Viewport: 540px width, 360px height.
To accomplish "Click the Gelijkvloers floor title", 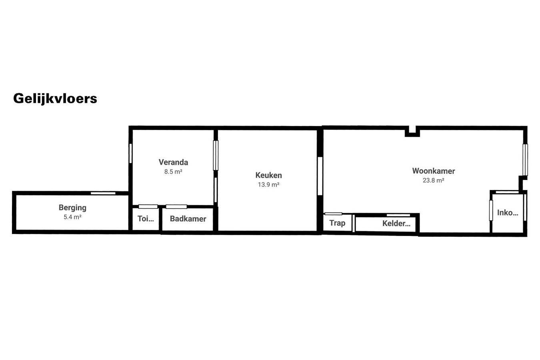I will [x=55, y=98].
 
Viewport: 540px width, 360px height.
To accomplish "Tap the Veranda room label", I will [x=173, y=162].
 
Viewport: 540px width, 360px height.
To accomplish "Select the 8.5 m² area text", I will [x=173, y=172].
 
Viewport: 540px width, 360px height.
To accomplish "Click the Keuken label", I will [x=268, y=175].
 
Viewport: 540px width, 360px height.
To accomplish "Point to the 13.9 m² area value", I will [x=268, y=185].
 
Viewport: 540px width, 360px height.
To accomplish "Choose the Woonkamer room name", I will [x=433, y=171].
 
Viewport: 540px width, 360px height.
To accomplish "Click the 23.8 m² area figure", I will [x=433, y=180].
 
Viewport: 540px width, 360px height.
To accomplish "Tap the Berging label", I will [x=72, y=208].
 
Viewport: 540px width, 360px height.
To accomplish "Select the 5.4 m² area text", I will [x=72, y=217].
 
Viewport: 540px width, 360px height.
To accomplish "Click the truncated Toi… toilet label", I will [x=146, y=219].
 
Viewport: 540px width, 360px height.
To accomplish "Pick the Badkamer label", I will [x=188, y=219].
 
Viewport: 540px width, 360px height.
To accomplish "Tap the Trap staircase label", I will [x=337, y=223].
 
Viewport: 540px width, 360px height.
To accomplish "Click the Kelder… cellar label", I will [x=396, y=224].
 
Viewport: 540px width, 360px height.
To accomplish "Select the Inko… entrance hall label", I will [x=507, y=213].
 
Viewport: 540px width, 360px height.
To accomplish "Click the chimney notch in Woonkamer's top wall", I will [x=412, y=131].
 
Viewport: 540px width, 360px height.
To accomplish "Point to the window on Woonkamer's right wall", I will [x=525, y=160].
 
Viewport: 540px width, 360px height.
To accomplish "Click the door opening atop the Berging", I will [x=103, y=193].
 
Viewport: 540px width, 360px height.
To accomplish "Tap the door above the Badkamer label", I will [x=176, y=207].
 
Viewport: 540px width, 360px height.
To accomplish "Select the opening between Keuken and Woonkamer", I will [x=320, y=176].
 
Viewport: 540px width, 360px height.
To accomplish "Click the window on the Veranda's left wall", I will [x=130, y=153].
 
